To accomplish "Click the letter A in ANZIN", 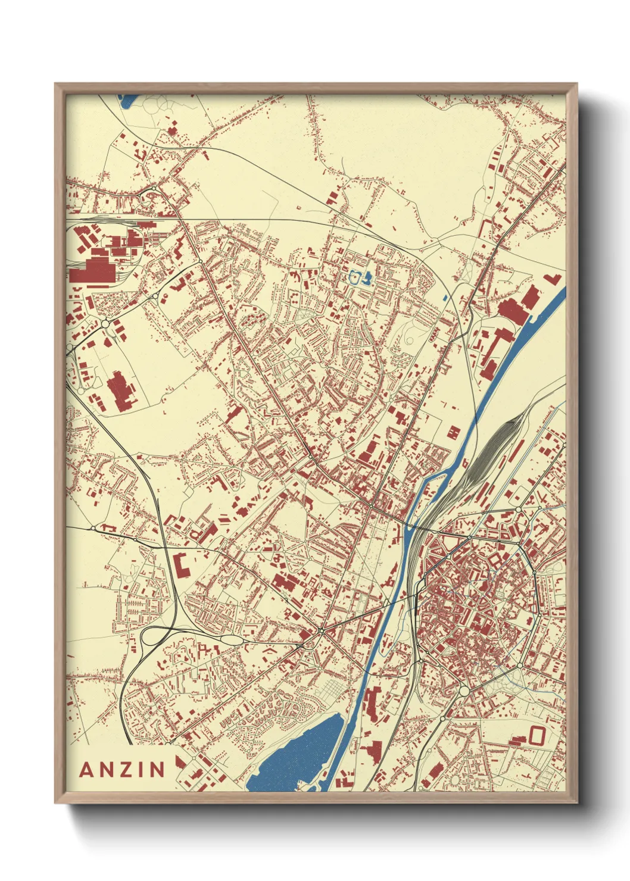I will (x=87, y=770).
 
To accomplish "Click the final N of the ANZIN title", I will (x=157, y=770).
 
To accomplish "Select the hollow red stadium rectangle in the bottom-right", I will (x=537, y=735).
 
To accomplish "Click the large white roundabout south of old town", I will (x=463, y=691).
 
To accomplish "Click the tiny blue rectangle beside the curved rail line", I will (x=445, y=298).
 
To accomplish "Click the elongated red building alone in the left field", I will (x=121, y=391).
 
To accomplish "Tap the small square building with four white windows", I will (x=453, y=432).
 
